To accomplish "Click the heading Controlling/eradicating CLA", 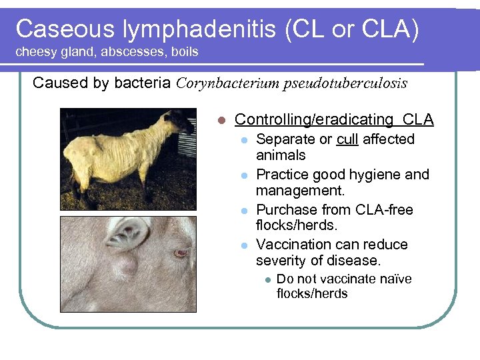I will [x=334, y=119].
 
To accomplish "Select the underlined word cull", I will [x=347, y=139].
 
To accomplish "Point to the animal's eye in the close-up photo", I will [x=179, y=253].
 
